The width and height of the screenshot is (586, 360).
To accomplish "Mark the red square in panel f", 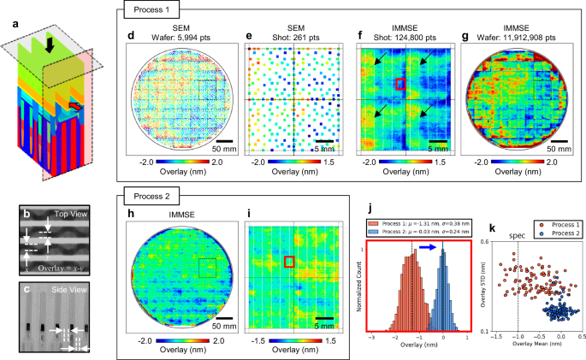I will click(400, 84).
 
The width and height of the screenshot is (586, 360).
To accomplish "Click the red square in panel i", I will click(290, 262).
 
